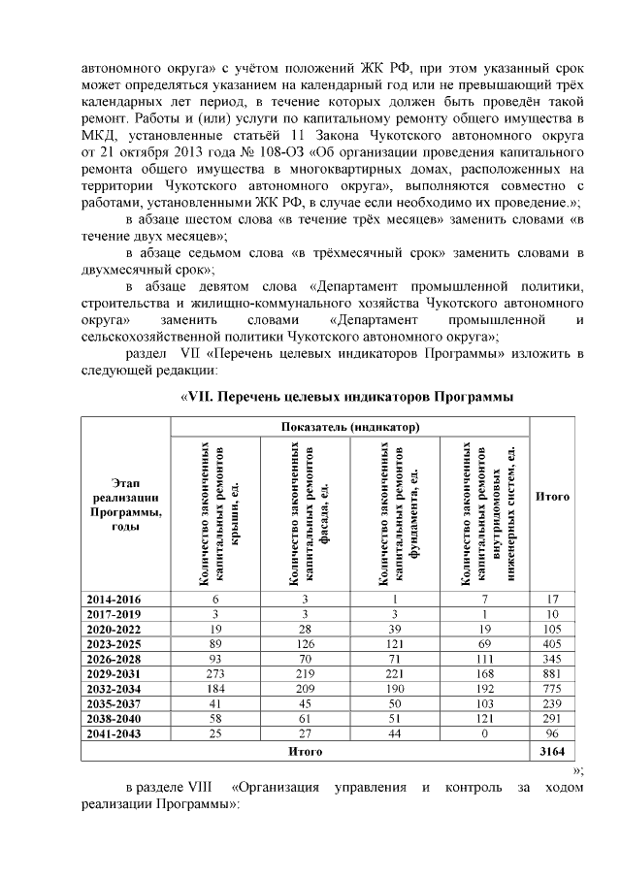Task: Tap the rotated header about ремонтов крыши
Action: (x=216, y=513)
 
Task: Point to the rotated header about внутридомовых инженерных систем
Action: (x=483, y=513)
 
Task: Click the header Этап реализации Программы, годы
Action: (x=122, y=504)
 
